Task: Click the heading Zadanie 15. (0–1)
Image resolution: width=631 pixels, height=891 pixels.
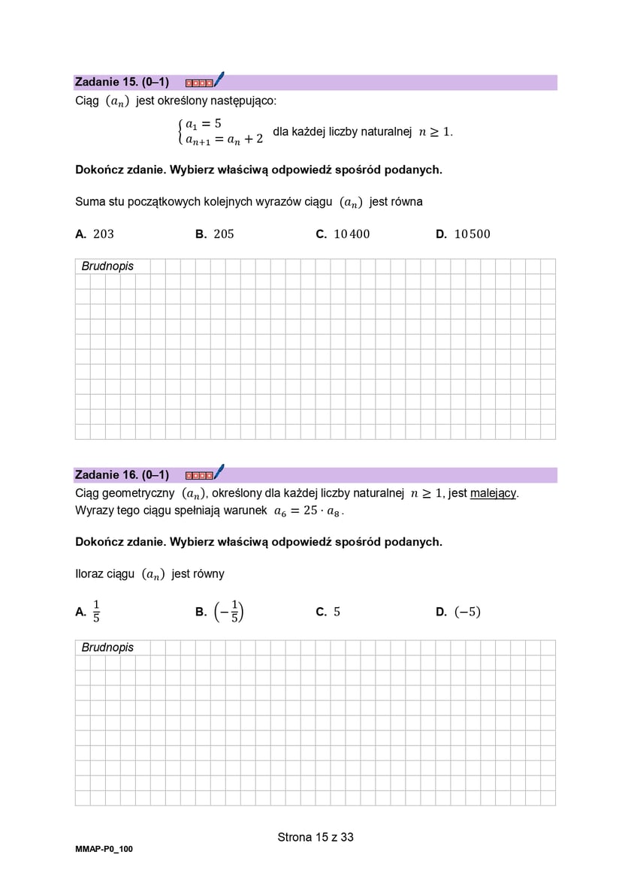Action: [x=122, y=82]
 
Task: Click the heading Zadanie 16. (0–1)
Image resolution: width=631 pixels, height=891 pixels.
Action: [x=122, y=474]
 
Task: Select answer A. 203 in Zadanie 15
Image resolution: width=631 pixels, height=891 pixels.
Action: [x=95, y=234]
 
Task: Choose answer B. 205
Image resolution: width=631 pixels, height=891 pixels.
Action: [x=215, y=234]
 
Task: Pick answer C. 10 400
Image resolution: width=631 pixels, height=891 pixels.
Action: [x=343, y=234]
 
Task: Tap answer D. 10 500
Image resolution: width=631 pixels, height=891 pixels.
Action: [x=463, y=234]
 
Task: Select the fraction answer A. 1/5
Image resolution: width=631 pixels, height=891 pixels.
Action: [x=89, y=612]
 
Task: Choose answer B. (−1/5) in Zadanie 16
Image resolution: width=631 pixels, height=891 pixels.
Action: [x=219, y=612]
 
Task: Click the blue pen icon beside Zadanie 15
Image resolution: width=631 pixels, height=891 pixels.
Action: [x=219, y=80]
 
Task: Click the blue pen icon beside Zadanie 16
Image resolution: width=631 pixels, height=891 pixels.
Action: [x=219, y=472]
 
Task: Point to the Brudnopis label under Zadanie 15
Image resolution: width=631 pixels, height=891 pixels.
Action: [x=107, y=266]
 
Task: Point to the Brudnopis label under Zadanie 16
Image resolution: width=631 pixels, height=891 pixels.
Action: [x=107, y=648]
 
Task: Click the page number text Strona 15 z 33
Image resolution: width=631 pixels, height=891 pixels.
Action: [x=315, y=837]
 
